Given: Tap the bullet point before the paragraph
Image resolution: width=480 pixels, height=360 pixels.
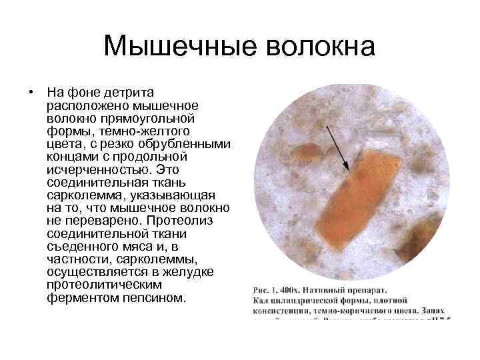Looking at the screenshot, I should pos(31,91).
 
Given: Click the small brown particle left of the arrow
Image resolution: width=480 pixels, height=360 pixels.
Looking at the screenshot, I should pos(307,153).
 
